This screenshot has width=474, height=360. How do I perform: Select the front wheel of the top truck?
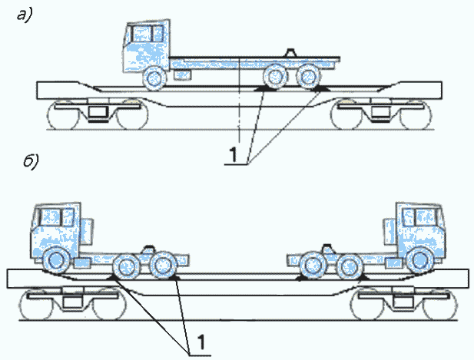154,78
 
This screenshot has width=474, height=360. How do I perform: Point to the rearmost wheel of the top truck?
307,78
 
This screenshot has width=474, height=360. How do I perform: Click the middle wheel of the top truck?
273,78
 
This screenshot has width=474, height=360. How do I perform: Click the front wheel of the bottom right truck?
420,260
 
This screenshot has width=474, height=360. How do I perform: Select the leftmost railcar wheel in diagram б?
34,308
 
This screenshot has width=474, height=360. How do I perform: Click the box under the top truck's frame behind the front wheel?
182,77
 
